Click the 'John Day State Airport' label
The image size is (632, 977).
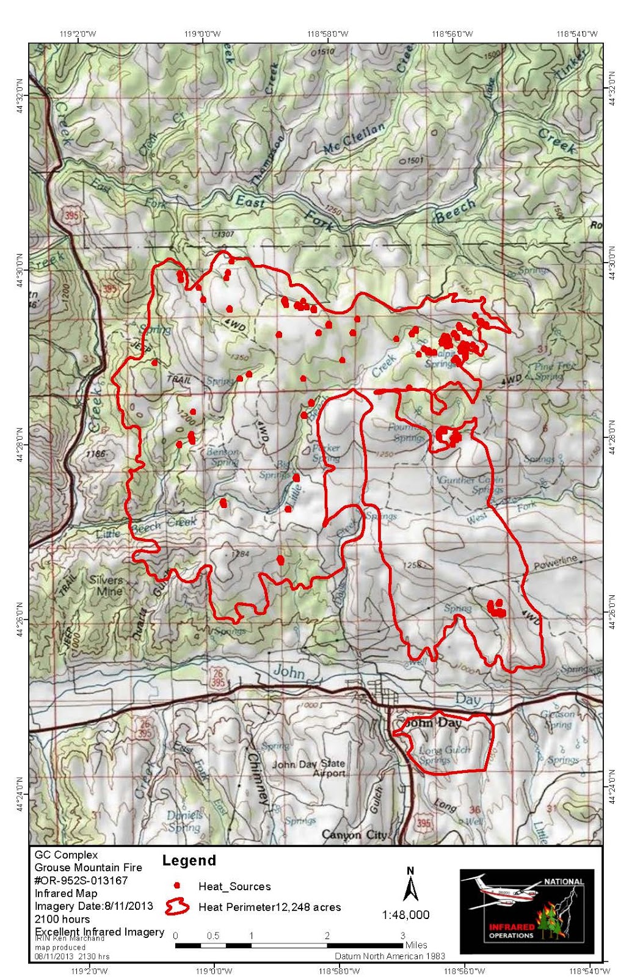point(308,768)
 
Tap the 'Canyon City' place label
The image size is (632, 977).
point(354,835)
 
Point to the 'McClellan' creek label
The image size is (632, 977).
point(355,139)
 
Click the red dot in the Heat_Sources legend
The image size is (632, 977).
point(176,885)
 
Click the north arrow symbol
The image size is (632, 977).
point(410,883)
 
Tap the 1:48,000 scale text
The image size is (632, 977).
point(406,915)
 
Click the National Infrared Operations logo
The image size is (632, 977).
point(526,904)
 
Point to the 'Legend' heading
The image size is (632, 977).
point(189,860)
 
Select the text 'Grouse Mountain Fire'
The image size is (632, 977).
point(88,867)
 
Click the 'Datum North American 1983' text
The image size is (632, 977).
point(390,956)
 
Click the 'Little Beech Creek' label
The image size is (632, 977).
point(147,528)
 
